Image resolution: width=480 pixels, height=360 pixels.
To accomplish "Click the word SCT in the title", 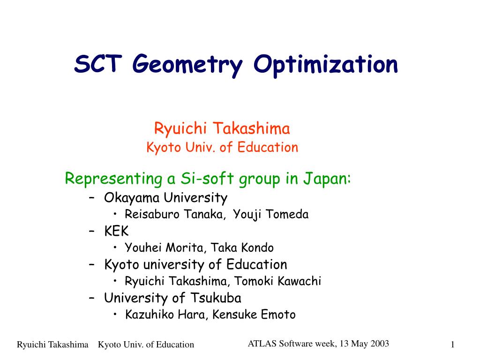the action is coord(98,64).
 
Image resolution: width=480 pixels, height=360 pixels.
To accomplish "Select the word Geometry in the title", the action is coord(187,66).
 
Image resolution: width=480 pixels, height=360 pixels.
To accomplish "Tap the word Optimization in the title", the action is coord(326,66).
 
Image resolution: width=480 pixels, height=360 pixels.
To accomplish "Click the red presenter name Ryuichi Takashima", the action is coord(222,128).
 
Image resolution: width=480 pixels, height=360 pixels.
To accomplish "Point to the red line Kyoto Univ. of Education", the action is coord(222,147).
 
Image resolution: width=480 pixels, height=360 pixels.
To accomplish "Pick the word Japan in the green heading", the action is coord(327,179).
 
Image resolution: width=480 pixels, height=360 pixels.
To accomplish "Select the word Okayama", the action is coord(132,198).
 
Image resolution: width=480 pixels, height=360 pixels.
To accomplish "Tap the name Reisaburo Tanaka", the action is coord(174,214).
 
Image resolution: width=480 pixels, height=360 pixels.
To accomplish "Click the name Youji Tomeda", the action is coord(270,214).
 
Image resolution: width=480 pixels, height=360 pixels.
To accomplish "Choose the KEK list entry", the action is coord(116,231).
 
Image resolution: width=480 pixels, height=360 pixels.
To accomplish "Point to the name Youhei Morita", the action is coord(164,247).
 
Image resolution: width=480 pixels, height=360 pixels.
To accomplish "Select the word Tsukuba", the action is coord(216,298).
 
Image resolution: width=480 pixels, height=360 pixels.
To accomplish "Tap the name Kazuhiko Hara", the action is coord(165,315).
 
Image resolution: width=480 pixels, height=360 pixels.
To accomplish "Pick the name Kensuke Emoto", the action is coord(254,315).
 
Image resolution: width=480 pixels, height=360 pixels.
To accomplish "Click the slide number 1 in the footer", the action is coord(452,345).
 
